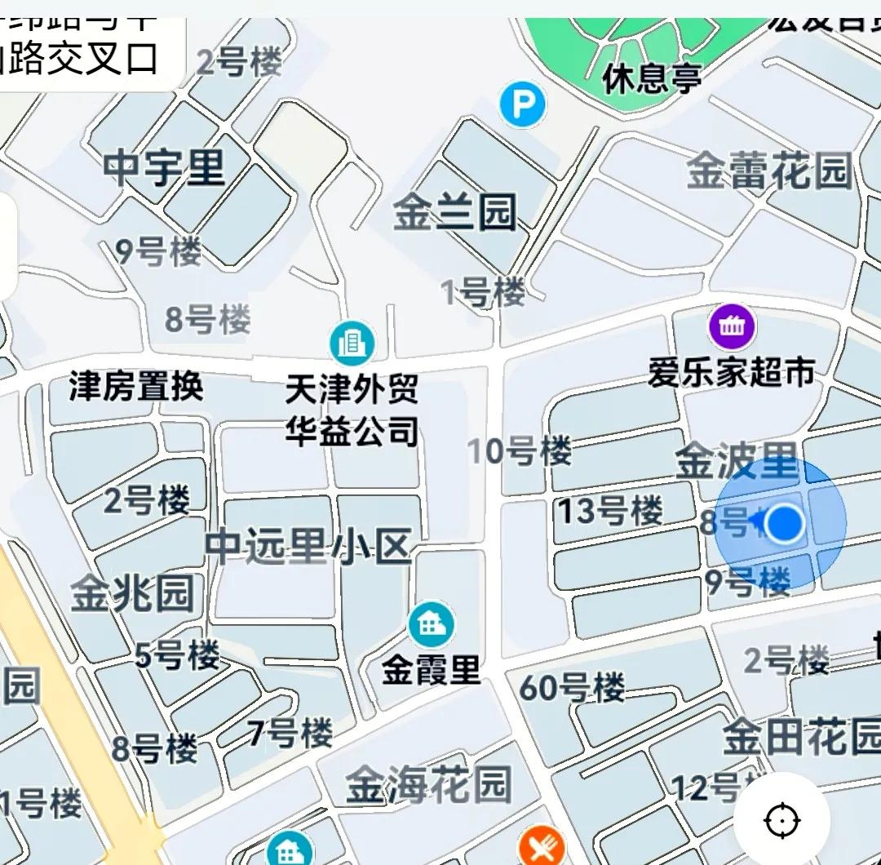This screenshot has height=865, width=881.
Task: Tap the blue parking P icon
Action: (x=523, y=106)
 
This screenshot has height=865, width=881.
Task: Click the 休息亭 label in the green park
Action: (x=652, y=79)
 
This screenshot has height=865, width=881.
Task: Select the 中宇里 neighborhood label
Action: (x=165, y=170)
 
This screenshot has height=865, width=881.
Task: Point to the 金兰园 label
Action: (x=455, y=213)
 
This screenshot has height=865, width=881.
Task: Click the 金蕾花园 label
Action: (x=768, y=171)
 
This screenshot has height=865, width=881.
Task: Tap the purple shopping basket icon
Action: (x=732, y=327)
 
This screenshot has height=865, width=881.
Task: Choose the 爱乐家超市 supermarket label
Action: (x=732, y=372)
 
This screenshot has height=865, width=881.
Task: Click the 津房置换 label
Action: (x=136, y=386)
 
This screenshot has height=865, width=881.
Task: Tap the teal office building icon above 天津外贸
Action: (x=352, y=343)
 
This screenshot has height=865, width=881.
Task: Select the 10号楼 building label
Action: (x=520, y=450)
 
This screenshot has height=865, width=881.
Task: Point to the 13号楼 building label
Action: (x=610, y=511)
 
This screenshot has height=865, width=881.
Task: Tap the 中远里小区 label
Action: (x=308, y=547)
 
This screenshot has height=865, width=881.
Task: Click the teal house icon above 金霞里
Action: (x=431, y=624)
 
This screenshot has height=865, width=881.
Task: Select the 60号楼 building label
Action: (x=572, y=688)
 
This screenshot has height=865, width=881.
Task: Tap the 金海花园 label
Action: (x=428, y=785)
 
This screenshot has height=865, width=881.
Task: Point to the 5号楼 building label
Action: (x=177, y=654)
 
